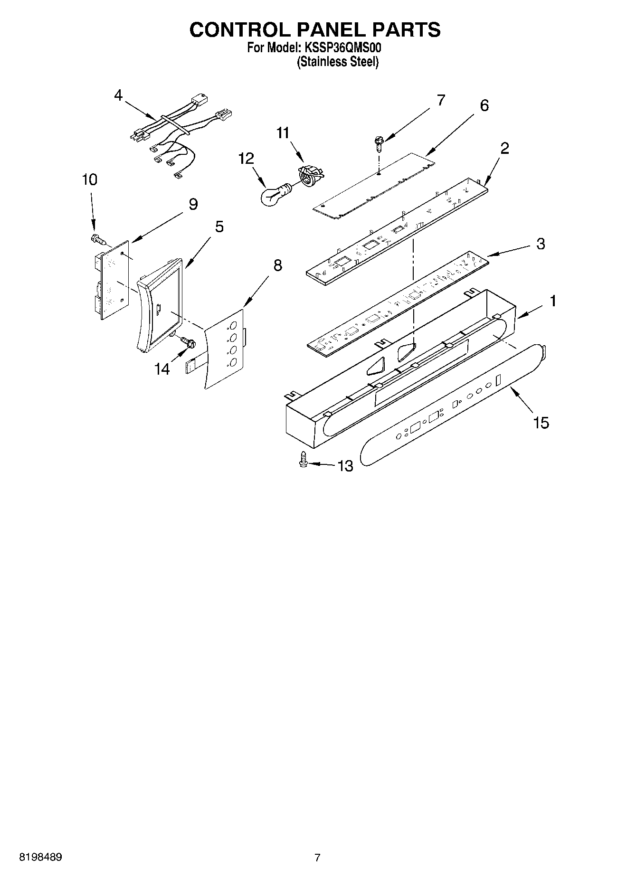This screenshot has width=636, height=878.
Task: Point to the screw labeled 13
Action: coord(303,460)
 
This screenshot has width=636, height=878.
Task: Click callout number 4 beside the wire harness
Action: coord(118,95)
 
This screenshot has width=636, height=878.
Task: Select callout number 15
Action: coord(541,422)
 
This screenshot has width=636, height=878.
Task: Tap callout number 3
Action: coord(541,244)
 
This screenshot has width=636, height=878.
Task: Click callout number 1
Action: coord(553,301)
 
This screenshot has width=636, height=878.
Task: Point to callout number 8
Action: coord(277,265)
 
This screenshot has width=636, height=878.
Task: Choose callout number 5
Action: coord(219,227)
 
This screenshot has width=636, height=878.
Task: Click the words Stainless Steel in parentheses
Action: coord(338,62)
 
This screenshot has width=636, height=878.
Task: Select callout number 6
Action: coord(484,105)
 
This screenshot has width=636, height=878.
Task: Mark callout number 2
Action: coord(504,148)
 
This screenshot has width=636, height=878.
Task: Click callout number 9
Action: coord(193,204)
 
